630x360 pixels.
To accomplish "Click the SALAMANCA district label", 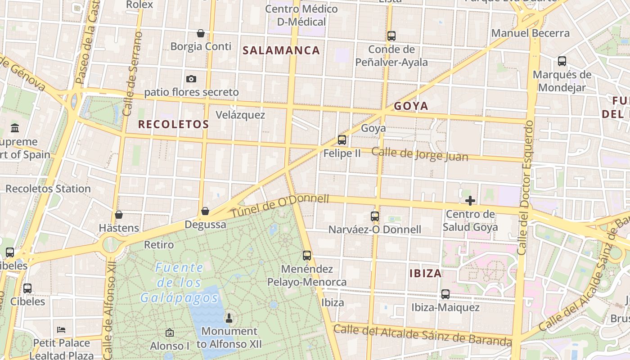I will (281, 50).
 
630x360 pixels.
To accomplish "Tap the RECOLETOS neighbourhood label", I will (173, 125).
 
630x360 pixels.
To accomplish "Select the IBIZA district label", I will (425, 273).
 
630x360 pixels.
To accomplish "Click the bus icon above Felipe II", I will (342, 140).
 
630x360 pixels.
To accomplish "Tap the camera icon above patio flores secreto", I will (191, 79).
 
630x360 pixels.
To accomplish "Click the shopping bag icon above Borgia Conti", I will (201, 33).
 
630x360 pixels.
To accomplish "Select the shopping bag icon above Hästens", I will (119, 215).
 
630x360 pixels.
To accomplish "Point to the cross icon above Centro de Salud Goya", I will (470, 201).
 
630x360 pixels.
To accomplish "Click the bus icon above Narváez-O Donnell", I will (375, 216).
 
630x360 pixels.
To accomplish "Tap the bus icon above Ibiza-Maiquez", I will (445, 294).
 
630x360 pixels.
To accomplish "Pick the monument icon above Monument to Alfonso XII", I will (229, 318).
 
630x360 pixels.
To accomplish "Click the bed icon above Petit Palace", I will (61, 330).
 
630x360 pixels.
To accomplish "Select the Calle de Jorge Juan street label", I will (420, 154).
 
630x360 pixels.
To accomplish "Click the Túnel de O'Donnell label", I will (280, 206).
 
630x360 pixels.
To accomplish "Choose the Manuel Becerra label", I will (530, 33).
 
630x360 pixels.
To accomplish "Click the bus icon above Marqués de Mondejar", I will (562, 61).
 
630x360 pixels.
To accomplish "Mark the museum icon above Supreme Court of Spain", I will (15, 128).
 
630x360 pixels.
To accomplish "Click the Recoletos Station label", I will (48, 189).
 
